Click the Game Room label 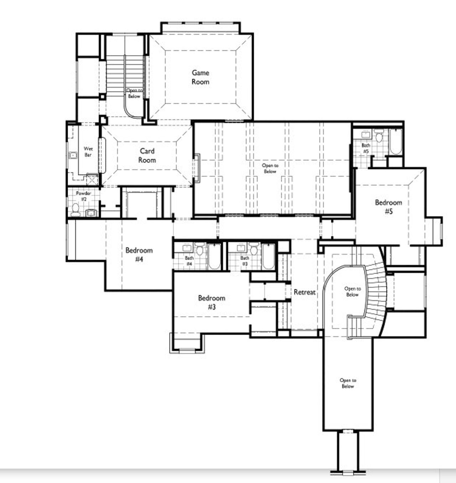tap(200, 77)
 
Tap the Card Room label tap(147, 155)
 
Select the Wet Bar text tap(88, 152)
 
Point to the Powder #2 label tap(83, 196)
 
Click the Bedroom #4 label tap(139, 255)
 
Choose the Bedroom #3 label tap(212, 302)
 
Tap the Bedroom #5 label tap(388, 207)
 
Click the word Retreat tap(305, 292)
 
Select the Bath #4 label tap(189, 261)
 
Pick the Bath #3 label tap(245, 261)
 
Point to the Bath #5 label tap(366, 148)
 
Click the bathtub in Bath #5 tap(395, 141)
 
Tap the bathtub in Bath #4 tap(214, 256)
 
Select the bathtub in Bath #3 tap(268, 256)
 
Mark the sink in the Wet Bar tap(73, 155)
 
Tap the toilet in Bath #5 tap(378, 136)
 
